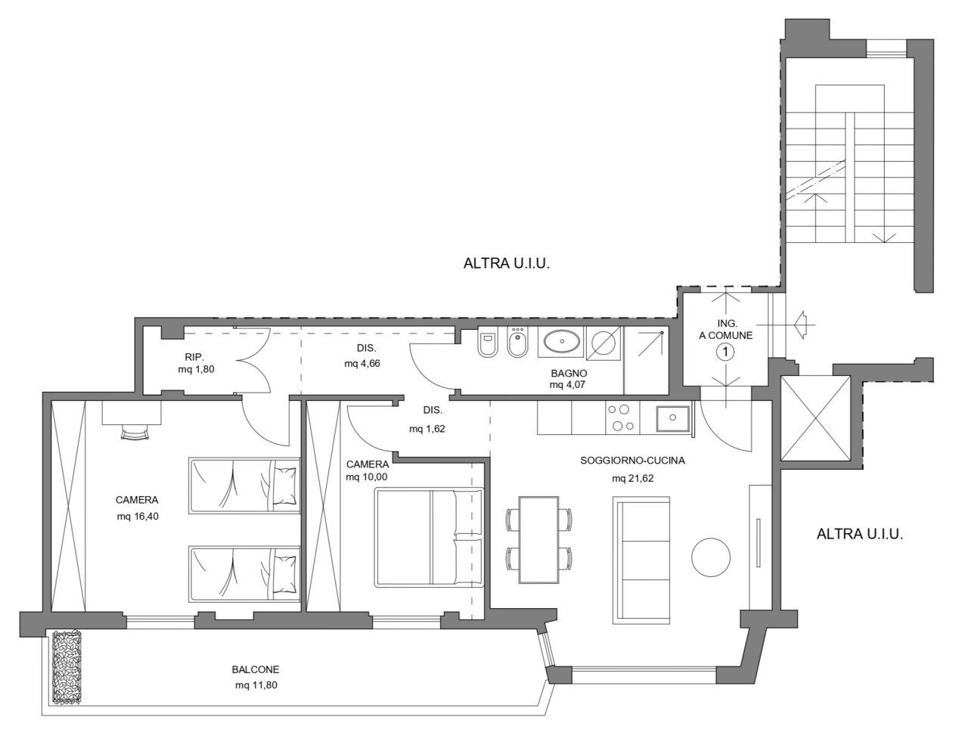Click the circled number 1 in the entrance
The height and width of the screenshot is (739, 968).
click(725, 352)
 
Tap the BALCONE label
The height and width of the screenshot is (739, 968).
click(256, 669)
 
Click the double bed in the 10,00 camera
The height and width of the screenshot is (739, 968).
click(429, 537)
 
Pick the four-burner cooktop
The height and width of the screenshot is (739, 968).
click(622, 418)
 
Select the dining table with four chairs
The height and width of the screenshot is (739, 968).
click(538, 539)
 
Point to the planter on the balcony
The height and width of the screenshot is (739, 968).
click(67, 666)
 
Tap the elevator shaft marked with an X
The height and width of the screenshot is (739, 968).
click(814, 418)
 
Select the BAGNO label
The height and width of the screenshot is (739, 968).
click(569, 373)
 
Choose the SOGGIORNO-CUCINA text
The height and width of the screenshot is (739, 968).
click(632, 460)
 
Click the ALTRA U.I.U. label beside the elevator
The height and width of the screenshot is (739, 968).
click(860, 534)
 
